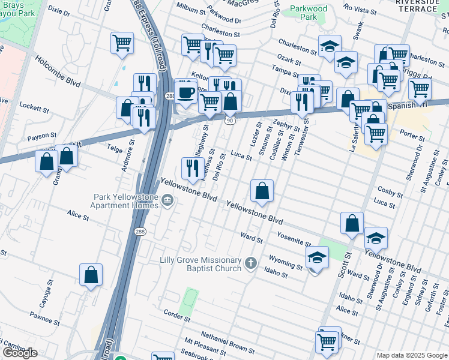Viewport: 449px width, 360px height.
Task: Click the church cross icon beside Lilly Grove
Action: pyautogui.click(x=251, y=262)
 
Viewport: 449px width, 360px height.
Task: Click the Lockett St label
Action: pyautogui.click(x=34, y=107)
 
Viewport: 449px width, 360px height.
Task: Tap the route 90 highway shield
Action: pyautogui.click(x=230, y=121)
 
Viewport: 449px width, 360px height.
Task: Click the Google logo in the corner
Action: pyautogui.click(x=20, y=353)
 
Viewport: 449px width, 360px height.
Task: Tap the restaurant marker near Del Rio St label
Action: pyautogui.click(x=191, y=168)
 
